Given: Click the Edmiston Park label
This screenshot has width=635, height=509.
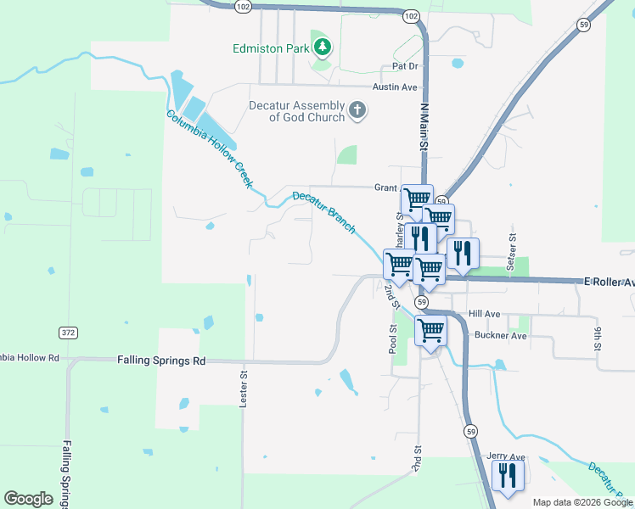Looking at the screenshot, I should (x=272, y=48).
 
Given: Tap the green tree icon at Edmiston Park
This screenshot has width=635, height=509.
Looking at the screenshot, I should (x=322, y=48).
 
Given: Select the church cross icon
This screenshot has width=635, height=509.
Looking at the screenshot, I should (x=357, y=111).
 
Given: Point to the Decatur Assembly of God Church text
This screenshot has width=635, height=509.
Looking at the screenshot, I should (x=296, y=111).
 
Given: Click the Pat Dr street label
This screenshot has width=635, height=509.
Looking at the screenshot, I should (x=405, y=65).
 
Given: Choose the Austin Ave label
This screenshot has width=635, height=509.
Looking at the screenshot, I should (x=396, y=87).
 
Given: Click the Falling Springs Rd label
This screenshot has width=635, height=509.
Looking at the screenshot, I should (x=161, y=361).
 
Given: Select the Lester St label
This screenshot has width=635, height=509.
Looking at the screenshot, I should (x=244, y=387).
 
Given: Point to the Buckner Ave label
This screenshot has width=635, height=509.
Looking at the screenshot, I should (x=501, y=336).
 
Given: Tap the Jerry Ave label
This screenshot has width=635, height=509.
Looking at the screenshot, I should (x=506, y=456).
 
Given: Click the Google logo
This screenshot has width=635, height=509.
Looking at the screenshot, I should (x=29, y=499).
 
